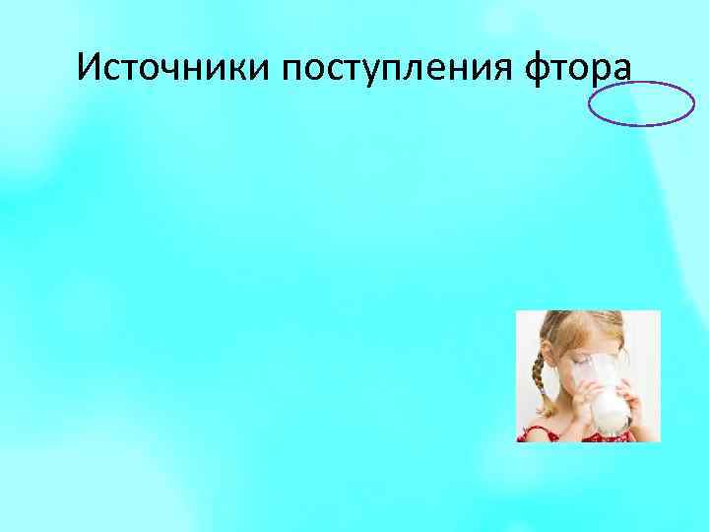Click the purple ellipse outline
641,104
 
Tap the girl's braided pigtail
537,379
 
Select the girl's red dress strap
538,432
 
